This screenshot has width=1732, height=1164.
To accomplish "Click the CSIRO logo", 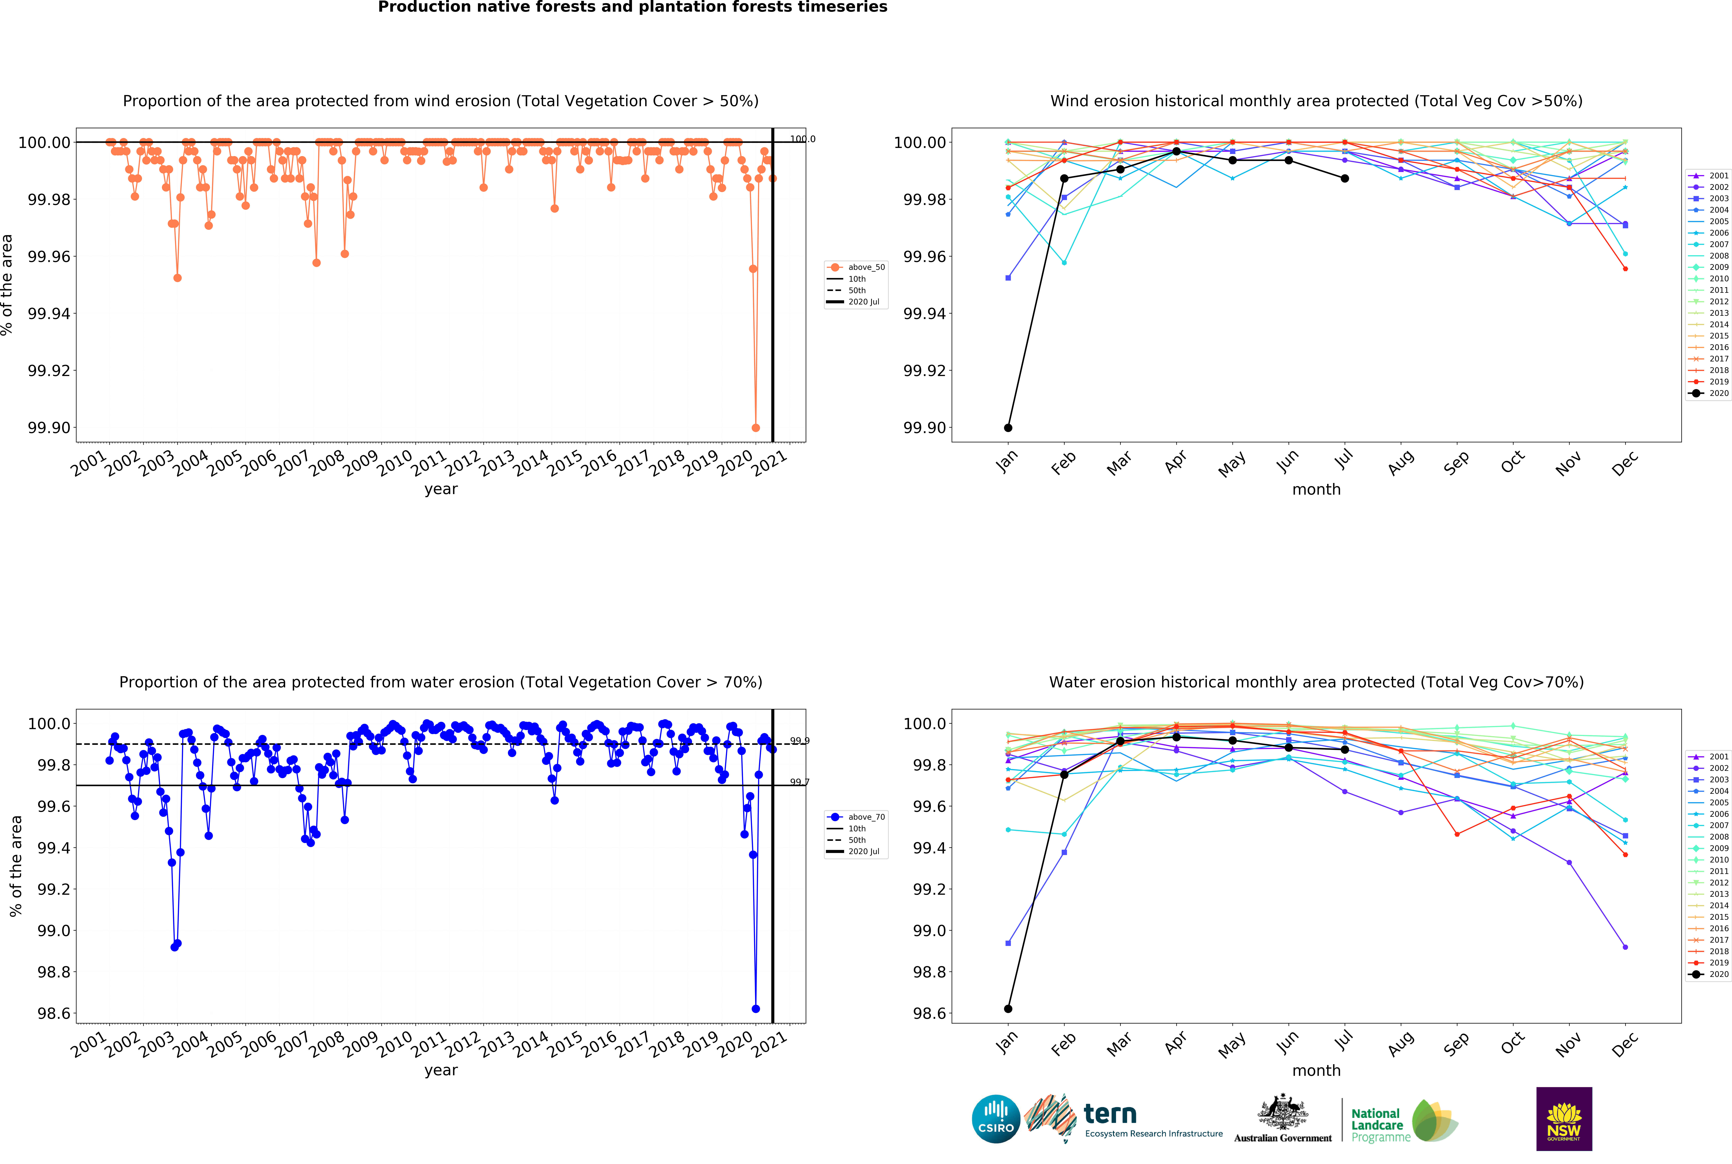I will click(x=996, y=1119).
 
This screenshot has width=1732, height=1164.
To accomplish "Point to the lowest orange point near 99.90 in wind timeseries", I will click(x=756, y=428).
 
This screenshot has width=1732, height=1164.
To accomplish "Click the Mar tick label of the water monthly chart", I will click(x=1119, y=1044).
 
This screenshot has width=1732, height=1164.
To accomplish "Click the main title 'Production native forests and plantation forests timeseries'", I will click(x=633, y=7).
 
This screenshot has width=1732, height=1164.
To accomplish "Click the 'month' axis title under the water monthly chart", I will click(x=1316, y=1071).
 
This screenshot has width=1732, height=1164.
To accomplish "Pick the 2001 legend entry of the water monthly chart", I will click(x=1711, y=756).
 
